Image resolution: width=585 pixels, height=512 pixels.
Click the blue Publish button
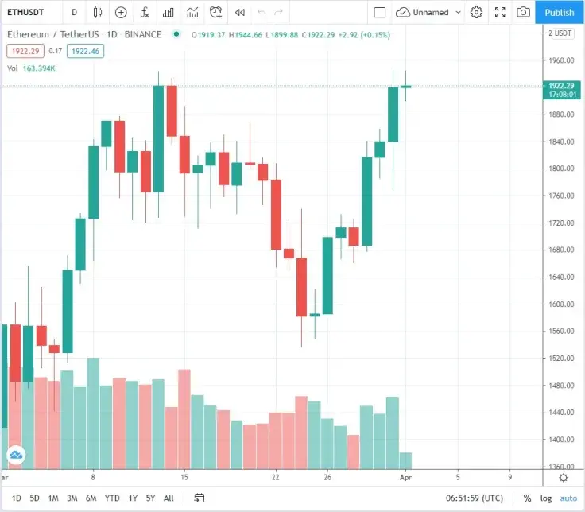[560, 12]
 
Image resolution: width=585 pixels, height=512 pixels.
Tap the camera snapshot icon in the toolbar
[523, 12]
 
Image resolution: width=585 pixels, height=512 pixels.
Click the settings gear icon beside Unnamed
[476, 12]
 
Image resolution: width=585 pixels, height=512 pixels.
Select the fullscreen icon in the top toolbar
[500, 12]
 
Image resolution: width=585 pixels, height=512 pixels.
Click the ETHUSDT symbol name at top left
[25, 12]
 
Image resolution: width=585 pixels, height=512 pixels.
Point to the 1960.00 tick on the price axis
[561, 60]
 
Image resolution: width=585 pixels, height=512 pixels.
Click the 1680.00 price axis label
[561, 250]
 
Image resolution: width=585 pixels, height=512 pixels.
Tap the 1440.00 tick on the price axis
[561, 413]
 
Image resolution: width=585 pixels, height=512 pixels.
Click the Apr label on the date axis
[405, 478]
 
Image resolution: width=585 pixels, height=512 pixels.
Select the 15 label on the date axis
[184, 477]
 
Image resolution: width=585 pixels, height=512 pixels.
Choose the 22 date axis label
[275, 477]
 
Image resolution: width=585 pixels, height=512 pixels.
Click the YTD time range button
[112, 498]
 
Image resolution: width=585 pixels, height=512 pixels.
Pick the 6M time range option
[91, 498]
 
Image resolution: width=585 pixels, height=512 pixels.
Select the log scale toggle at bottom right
[546, 498]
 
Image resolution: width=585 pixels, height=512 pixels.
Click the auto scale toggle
[568, 498]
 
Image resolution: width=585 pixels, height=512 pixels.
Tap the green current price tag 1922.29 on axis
[561, 90]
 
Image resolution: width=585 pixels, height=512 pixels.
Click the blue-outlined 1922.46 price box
[85, 51]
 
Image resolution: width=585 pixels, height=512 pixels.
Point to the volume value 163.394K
[39, 68]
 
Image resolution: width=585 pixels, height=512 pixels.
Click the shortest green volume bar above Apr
[405, 461]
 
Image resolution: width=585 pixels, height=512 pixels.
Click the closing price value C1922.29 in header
[318, 35]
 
